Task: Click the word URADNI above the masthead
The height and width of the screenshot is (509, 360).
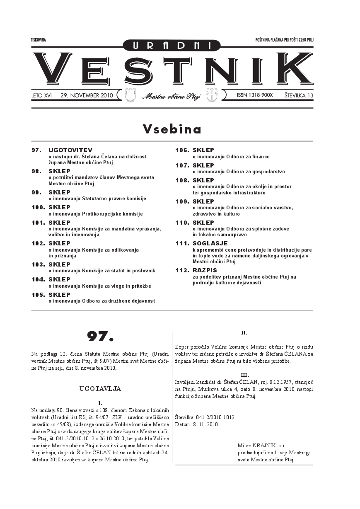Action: tap(172, 46)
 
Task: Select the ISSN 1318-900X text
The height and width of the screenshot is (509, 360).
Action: tap(254, 95)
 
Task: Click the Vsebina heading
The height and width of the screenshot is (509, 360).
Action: tap(172, 129)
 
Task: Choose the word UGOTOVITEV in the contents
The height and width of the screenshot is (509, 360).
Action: tap(70, 150)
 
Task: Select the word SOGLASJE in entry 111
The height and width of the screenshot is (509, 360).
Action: tap(210, 243)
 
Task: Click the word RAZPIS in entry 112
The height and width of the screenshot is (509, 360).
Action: tap(205, 270)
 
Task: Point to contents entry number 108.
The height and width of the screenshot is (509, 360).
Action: tap(182, 180)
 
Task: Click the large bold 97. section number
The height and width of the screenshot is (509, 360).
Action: tap(100, 336)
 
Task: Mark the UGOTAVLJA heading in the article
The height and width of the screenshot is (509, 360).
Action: tap(100, 389)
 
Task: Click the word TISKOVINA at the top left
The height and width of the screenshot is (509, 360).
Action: tap(38, 40)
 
